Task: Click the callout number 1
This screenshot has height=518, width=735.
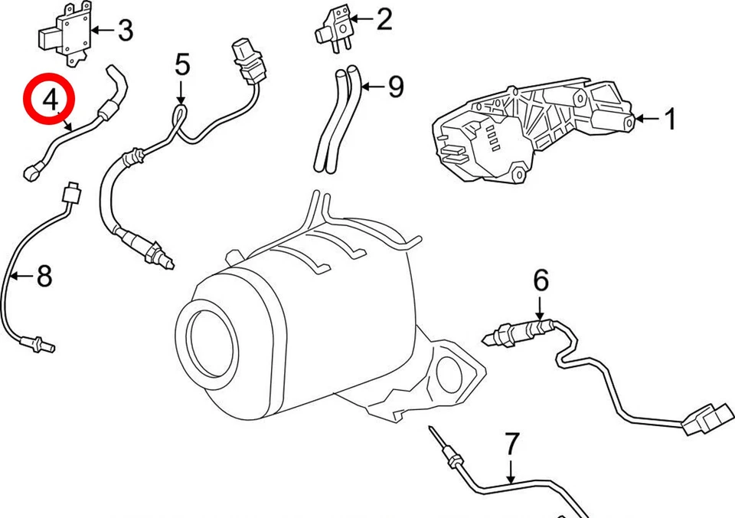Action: coord(670,120)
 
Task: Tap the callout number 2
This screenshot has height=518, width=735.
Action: coord(384,20)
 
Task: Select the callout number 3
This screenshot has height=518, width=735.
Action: coord(125,31)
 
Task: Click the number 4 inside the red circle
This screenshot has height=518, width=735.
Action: coord(51,100)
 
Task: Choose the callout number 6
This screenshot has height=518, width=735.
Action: coord(541,281)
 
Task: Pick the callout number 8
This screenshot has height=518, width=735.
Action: coord(44,275)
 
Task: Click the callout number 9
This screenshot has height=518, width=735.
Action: coord(395,87)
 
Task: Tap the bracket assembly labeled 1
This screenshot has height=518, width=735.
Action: coord(528,130)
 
